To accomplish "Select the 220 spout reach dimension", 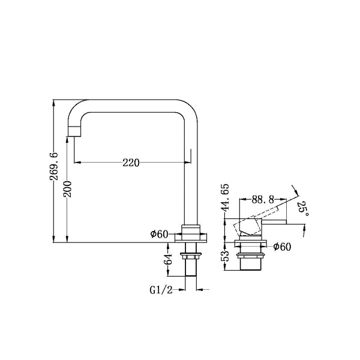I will click(x=131, y=163).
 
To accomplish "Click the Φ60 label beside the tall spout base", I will click(x=159, y=234).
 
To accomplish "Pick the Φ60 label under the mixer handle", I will click(x=283, y=246).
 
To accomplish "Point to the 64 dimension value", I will click(x=169, y=259).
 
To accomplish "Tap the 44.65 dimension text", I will click(x=225, y=198).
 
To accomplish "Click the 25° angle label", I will click(x=303, y=208).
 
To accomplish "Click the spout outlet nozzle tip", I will click(x=73, y=131).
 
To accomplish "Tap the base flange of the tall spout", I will click(x=191, y=238).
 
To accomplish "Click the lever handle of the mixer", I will click(x=273, y=223).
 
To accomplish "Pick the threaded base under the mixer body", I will click(x=251, y=260).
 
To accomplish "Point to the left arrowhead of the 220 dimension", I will click(x=77, y=163).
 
